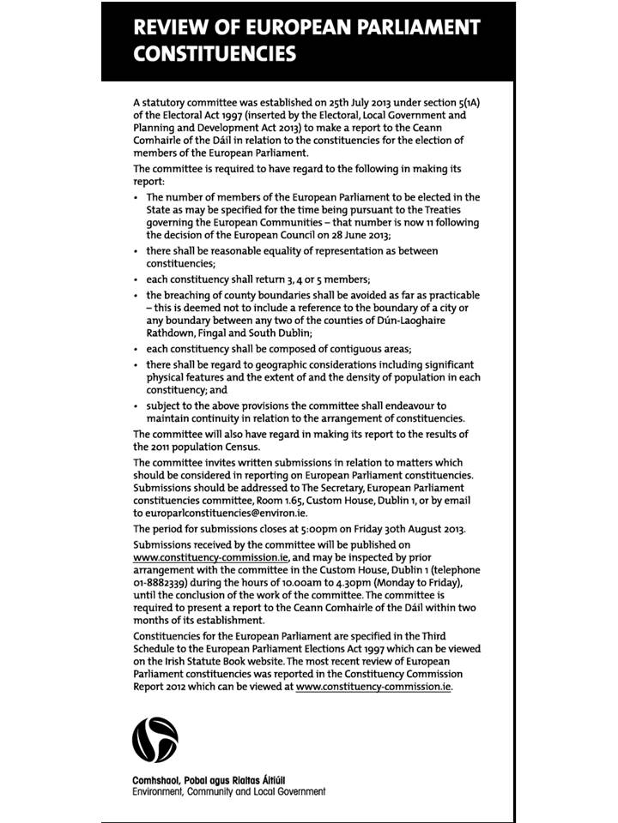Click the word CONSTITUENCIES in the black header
[215, 54]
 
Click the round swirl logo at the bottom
[155, 740]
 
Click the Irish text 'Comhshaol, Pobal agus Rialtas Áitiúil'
[208, 780]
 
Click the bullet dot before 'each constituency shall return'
[136, 279]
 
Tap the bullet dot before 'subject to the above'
[136, 405]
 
